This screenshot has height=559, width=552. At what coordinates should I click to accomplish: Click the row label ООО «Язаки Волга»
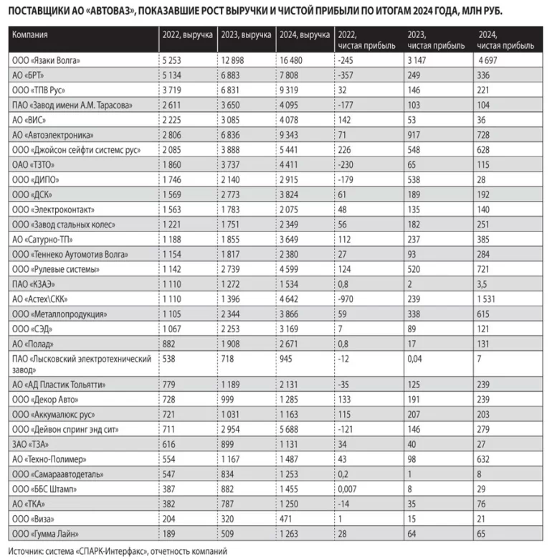44,60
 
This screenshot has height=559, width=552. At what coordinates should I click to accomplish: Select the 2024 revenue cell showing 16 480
293,60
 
